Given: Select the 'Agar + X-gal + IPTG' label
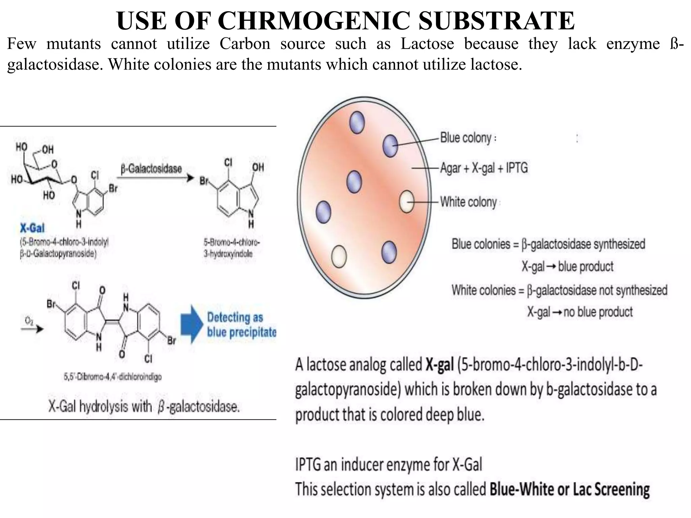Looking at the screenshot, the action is [484, 168].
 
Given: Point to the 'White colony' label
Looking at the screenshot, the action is [468, 202].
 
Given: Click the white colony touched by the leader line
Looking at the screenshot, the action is [406, 201].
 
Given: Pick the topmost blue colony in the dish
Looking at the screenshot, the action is [357, 122].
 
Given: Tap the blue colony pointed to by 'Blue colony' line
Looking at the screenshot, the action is [390, 146].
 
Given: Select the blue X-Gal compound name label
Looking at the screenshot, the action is [32, 229].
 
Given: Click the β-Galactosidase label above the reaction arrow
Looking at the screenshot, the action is [151, 169].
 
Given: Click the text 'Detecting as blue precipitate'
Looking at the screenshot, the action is [241, 325].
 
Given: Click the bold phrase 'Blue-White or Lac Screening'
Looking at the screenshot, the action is [570, 489].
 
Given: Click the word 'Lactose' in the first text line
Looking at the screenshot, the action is [427, 44].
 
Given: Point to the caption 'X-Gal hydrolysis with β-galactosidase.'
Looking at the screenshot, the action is [144, 407].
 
